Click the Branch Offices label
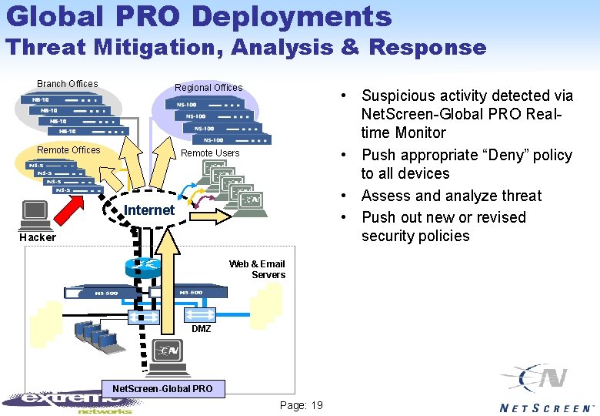pyautogui.click(x=68, y=84)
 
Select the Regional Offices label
pyautogui.click(x=208, y=88)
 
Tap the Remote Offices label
pyautogui.click(x=68, y=150)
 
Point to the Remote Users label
pyautogui.click(x=210, y=153)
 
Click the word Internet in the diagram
pyautogui.click(x=149, y=210)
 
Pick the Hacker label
pyautogui.click(x=38, y=237)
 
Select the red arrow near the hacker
pyautogui.click(x=82, y=203)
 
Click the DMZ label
pyautogui.click(x=201, y=329)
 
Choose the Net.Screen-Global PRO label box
pyautogui.click(x=162, y=388)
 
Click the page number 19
pyautogui.click(x=302, y=405)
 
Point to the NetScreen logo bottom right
pyautogui.click(x=546, y=389)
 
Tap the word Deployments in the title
pyautogui.click(x=292, y=16)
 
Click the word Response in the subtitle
pyautogui.click(x=428, y=48)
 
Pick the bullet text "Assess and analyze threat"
pyautogui.click(x=452, y=196)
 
